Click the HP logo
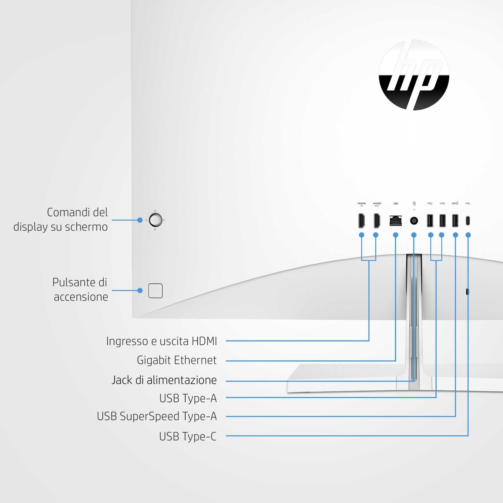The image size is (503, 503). (414, 75)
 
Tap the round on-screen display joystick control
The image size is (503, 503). (155, 220)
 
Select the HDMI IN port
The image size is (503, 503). (361, 221)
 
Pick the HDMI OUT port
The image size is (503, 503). (377, 221)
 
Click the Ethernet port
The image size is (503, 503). (395, 221)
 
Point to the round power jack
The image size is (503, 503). (414, 221)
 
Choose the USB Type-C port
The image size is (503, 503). (468, 221)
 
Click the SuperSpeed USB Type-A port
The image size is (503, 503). (455, 221)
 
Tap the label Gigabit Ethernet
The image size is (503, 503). (177, 360)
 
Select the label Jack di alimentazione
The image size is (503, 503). (164, 380)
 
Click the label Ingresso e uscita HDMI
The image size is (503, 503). (162, 341)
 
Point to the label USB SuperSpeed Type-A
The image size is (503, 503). (157, 416)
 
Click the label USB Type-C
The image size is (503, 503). (188, 436)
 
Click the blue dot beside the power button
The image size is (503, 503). (140, 290)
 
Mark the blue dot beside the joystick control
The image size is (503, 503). (140, 220)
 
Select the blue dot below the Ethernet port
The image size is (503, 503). (395, 235)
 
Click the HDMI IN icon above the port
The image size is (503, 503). (361, 204)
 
